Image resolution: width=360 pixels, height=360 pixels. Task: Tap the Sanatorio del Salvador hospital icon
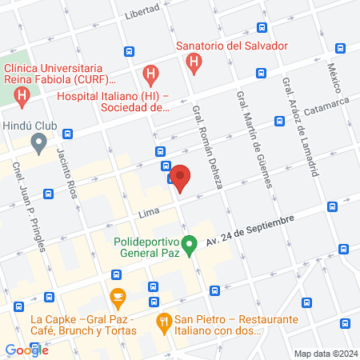tap(192, 62)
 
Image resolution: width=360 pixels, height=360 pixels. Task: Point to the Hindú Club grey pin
tap(38, 144)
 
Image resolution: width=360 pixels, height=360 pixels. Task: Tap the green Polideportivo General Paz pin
tap(190, 246)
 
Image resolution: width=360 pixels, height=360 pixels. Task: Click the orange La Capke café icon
tap(118, 299)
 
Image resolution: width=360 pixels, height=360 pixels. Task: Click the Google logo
tap(26, 350)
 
